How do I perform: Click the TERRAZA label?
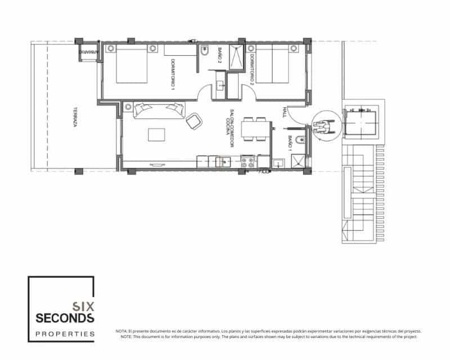click(x=74, y=119)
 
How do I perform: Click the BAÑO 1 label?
click(x=290, y=144)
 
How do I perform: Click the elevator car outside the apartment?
click(x=361, y=120)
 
